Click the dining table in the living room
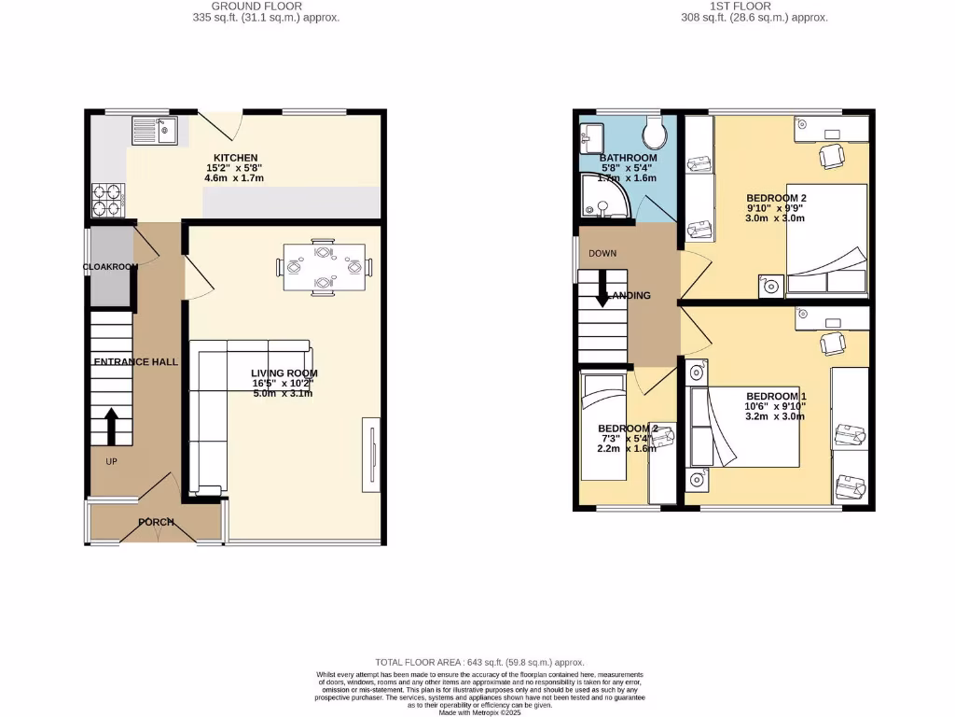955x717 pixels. (x=324, y=267)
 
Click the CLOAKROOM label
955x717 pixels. (x=110, y=267)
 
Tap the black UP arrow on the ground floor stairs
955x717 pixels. (x=111, y=426)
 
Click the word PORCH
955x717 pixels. (x=157, y=522)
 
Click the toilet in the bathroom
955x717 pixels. (x=657, y=133)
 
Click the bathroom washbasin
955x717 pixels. (x=590, y=140)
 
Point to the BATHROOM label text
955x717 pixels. (x=628, y=158)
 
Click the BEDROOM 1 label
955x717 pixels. (x=776, y=395)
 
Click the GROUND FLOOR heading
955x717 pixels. (x=243, y=6)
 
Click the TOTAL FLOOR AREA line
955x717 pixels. (x=479, y=662)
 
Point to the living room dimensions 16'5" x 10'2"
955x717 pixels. (x=283, y=383)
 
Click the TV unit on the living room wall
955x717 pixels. (x=370, y=457)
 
